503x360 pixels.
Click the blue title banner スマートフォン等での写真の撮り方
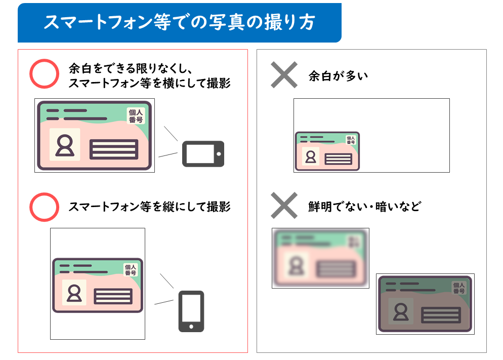tap(179, 22)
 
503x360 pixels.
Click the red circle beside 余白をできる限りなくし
tap(45, 74)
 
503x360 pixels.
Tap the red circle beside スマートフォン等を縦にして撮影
tap(45, 207)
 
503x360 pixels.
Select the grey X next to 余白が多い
tap(284, 75)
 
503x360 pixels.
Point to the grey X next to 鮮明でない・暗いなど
tap(284, 206)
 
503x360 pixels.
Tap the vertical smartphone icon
tap(191, 311)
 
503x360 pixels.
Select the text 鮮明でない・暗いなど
tap(364, 207)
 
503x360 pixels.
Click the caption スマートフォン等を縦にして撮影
tap(149, 207)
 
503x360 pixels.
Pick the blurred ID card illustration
tap(320, 258)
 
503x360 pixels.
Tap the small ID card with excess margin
tap(327, 151)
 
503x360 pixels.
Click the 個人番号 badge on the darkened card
tap(458, 288)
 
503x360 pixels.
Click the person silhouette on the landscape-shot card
tap(65, 145)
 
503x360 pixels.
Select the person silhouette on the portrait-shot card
tap(74, 293)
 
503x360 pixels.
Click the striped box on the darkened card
tap(440, 315)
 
